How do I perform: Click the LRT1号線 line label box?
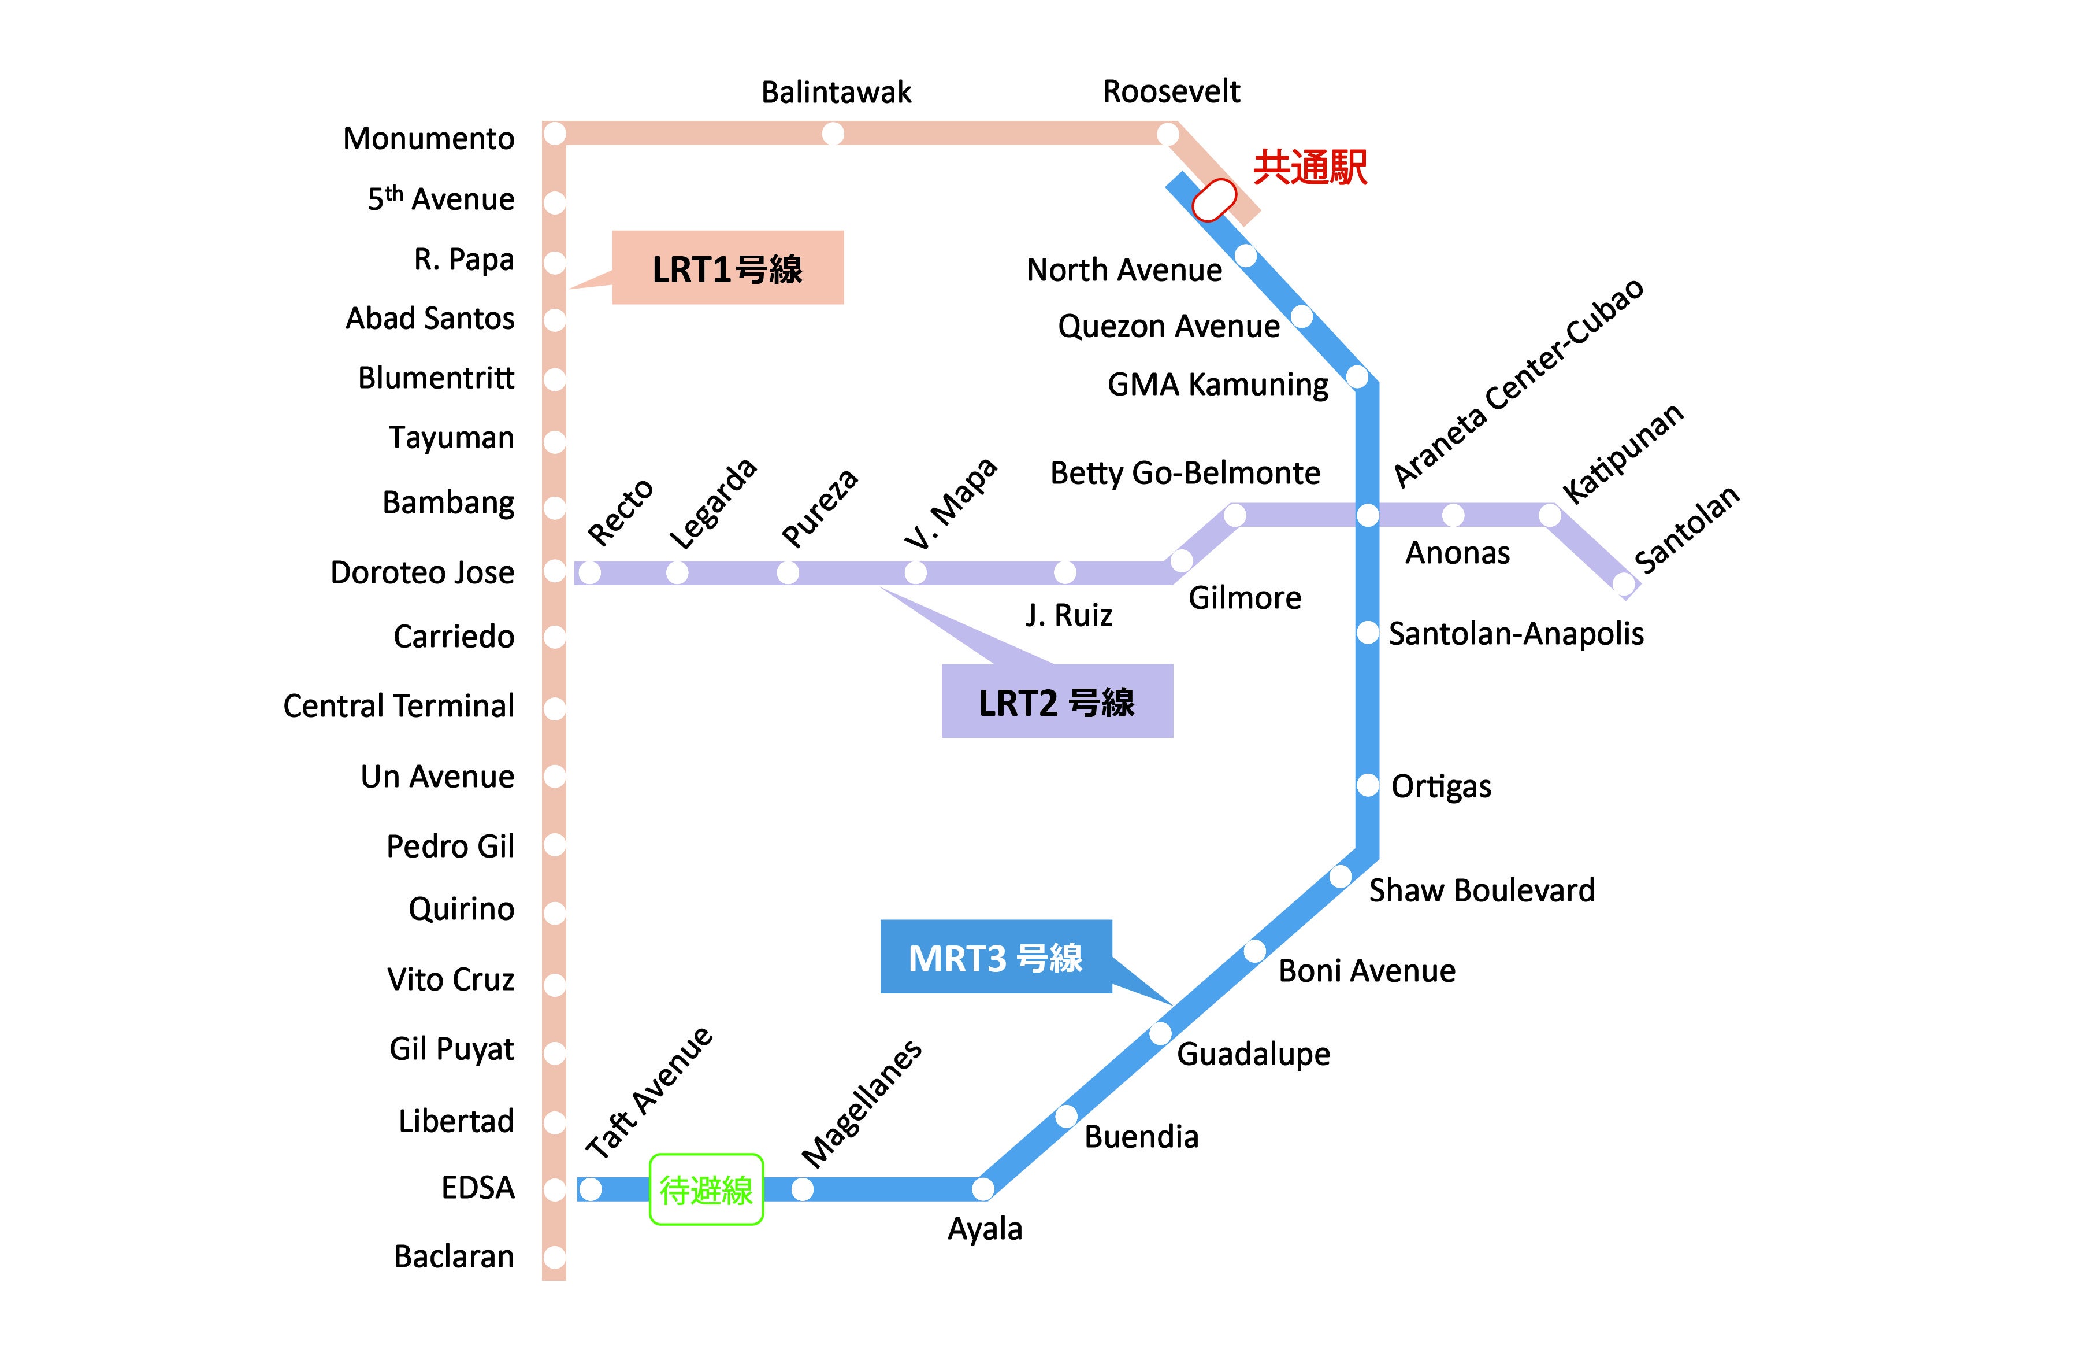click(x=727, y=268)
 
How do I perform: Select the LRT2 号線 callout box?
click(x=1057, y=701)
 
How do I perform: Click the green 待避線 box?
click(x=706, y=1189)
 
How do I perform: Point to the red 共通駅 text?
click(x=1309, y=167)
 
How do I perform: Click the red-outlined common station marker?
click(x=1214, y=200)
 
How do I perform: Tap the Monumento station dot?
click(x=554, y=134)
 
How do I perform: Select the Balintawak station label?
click(x=836, y=91)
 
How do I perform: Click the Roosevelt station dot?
click(x=1168, y=134)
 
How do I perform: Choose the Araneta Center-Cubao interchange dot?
click(x=1367, y=515)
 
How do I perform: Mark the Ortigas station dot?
click(x=1367, y=784)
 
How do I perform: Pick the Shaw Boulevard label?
click(x=1482, y=890)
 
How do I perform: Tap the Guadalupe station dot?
click(x=1160, y=1033)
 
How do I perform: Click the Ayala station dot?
click(x=983, y=1189)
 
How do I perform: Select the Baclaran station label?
click(x=454, y=1256)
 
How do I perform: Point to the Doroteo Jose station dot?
click(x=554, y=571)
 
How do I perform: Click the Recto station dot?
click(x=589, y=573)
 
